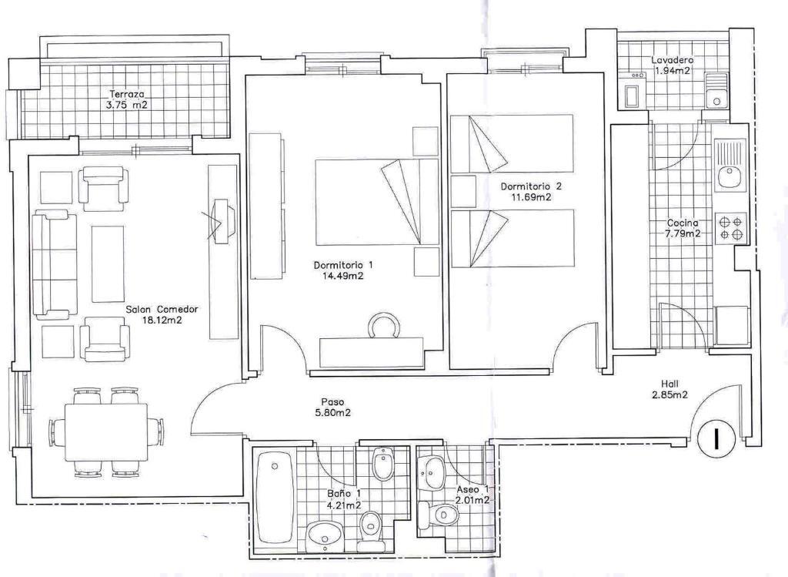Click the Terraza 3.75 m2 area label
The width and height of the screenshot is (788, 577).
[x=129, y=99]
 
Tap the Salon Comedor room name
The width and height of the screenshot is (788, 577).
[x=162, y=310]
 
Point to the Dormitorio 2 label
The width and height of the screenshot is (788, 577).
[x=531, y=186]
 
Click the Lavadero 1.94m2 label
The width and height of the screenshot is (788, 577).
[x=673, y=65]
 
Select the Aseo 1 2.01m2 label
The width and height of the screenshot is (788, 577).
[x=472, y=495]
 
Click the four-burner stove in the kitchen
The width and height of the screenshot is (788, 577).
[x=731, y=228]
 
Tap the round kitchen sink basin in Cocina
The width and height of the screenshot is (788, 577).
[x=729, y=177]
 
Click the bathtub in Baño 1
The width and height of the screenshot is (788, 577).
[x=274, y=498]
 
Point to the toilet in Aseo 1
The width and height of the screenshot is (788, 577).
[x=438, y=515]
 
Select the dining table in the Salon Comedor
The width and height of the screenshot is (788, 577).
[x=106, y=432]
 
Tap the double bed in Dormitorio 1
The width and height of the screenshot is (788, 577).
[x=377, y=203]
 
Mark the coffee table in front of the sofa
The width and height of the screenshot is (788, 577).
[x=108, y=264]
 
